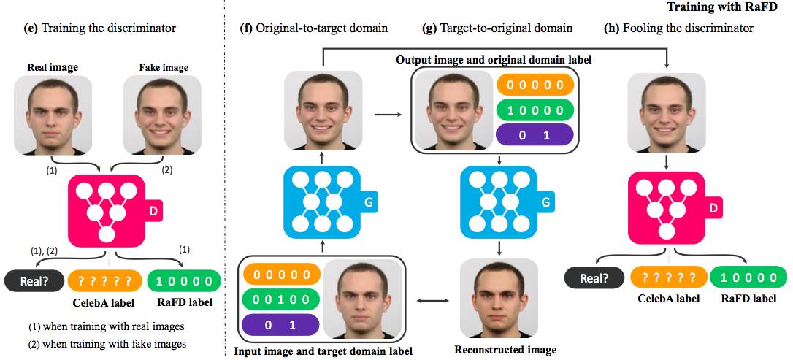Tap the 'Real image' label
tap(53, 68)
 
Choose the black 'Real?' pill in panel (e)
tap(34, 280)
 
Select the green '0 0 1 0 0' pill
tap(281, 299)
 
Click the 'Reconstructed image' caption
tap(505, 350)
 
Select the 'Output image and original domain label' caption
tap(493, 58)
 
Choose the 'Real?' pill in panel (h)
tap(595, 277)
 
